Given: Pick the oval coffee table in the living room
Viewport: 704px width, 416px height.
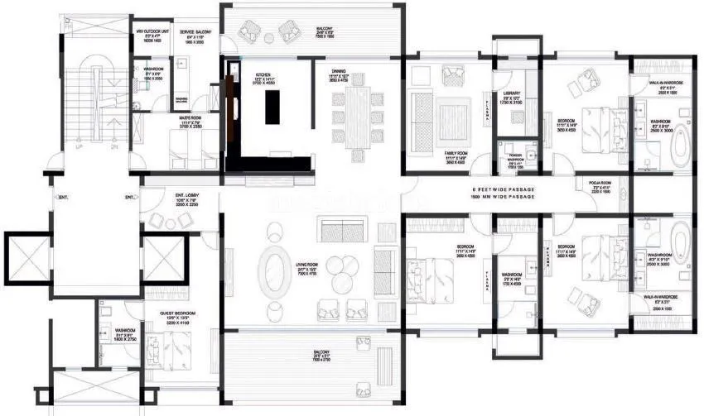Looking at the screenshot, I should point(274,268).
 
